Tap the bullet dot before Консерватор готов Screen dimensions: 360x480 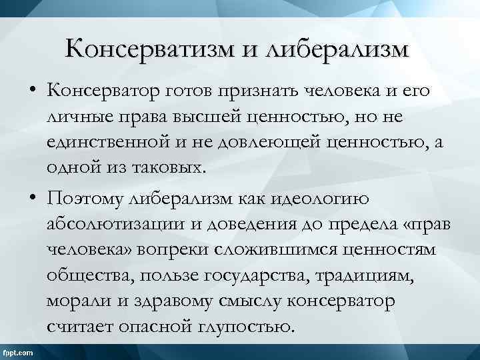click(32, 89)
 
